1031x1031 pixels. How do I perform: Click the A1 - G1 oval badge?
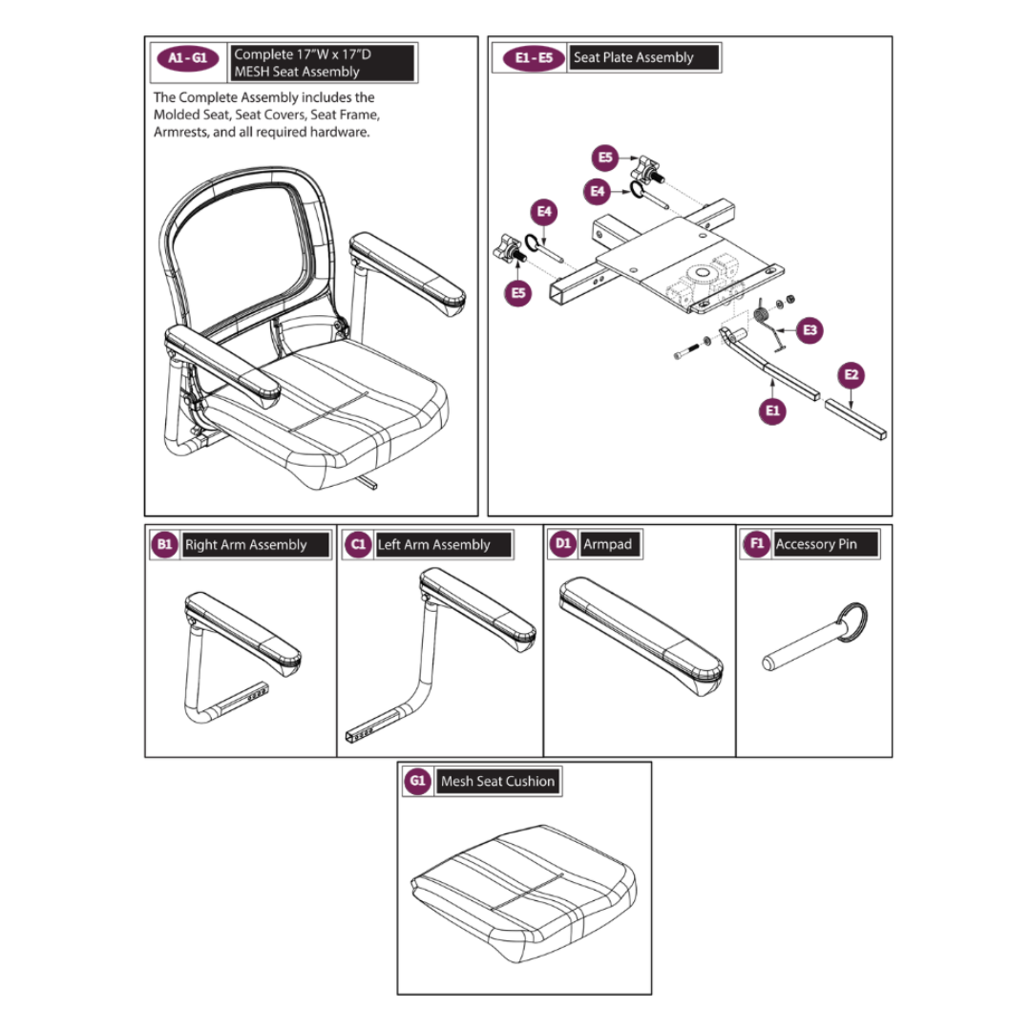[187, 58]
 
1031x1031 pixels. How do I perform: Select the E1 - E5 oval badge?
[534, 58]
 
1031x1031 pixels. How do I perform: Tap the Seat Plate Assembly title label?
[634, 58]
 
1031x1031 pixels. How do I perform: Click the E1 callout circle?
[773, 411]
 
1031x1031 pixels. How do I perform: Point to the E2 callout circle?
[852, 375]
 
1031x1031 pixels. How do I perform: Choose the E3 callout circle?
[810, 330]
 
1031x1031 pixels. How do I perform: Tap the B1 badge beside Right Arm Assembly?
[165, 545]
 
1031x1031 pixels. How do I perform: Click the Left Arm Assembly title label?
[433, 545]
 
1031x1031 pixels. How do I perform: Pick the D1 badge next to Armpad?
[563, 544]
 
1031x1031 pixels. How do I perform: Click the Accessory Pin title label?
[816, 544]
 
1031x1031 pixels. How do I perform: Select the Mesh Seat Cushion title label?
[497, 781]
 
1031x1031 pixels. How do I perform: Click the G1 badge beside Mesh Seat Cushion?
[417, 781]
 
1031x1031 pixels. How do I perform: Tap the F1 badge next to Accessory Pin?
[757, 544]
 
